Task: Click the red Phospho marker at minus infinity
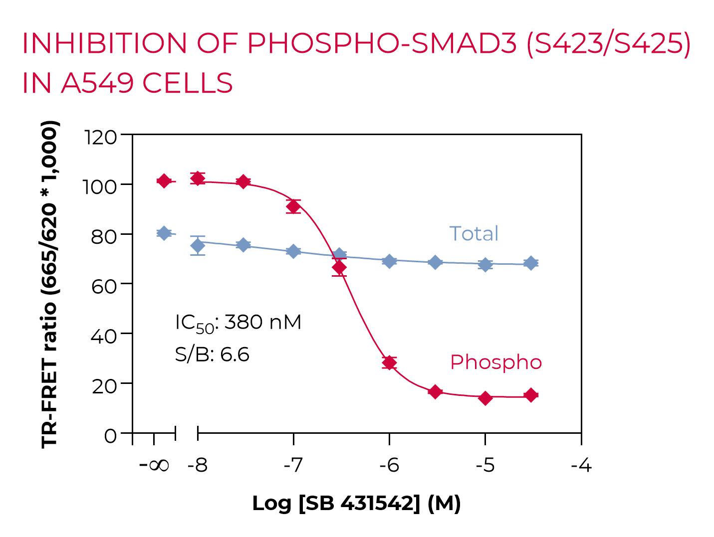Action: coord(164,180)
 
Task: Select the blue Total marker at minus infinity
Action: coord(164,233)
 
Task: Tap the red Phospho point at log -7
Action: coord(293,206)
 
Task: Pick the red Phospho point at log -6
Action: coord(389,362)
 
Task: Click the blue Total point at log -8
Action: coord(198,245)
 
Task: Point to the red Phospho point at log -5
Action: coord(485,398)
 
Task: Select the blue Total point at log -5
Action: coord(485,265)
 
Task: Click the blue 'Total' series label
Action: coord(474,233)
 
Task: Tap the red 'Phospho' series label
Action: coord(495,362)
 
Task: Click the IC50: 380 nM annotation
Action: coord(238,323)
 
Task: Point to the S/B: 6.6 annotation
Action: coord(212,355)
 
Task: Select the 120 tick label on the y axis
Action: coord(101,137)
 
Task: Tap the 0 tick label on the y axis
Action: coord(110,435)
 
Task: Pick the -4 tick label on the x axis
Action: coord(581,466)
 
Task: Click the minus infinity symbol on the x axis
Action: coord(154,466)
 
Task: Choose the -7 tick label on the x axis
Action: coord(293,466)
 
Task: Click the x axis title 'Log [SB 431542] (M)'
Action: coord(356,504)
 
